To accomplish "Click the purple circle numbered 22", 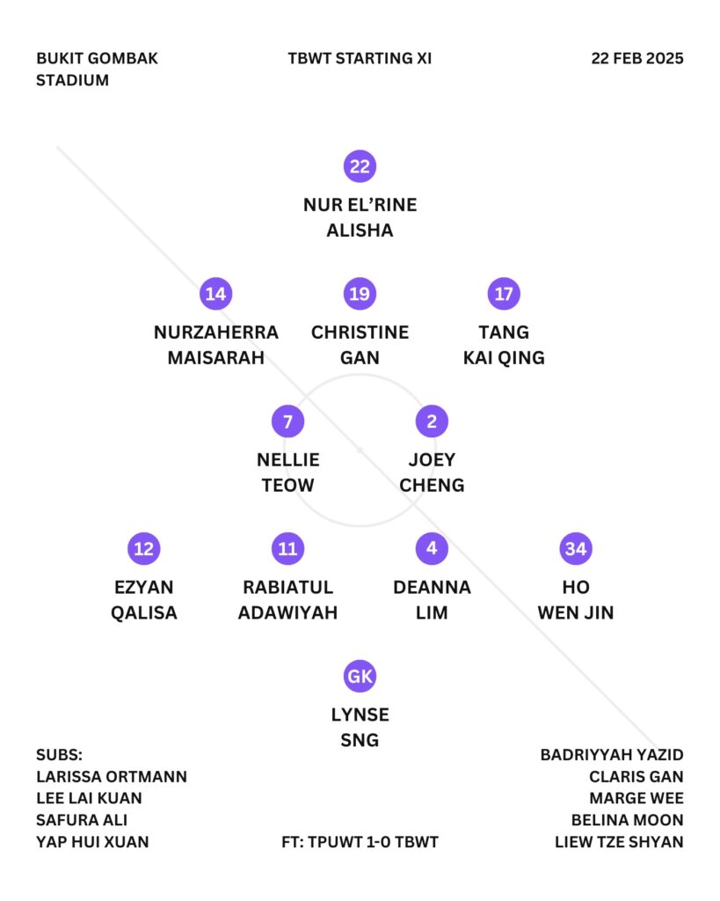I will (x=360, y=166).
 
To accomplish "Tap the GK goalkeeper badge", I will (x=360, y=676).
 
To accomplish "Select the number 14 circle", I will (x=215, y=294).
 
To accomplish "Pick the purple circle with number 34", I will (x=575, y=548).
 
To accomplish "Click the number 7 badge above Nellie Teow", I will (x=287, y=421).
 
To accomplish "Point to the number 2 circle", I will (x=432, y=421).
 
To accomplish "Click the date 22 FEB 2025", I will (x=636, y=59).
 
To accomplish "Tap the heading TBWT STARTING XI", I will (x=360, y=59).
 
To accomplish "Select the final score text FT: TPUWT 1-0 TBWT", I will (x=360, y=842).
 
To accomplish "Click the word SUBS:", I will (x=59, y=755).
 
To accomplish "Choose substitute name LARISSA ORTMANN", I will (x=112, y=777).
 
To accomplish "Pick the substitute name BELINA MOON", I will (x=627, y=820).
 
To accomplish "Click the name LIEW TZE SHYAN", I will (x=619, y=842).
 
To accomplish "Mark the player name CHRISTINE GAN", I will (x=360, y=345).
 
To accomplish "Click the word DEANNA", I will (x=432, y=587).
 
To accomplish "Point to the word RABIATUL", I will (x=287, y=587).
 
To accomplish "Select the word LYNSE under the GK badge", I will (x=360, y=714).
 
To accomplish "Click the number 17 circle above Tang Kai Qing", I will (x=504, y=294).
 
